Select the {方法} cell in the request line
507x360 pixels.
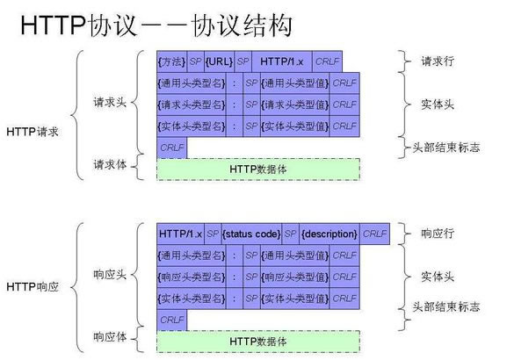[171, 62]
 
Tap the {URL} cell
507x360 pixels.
[219, 62]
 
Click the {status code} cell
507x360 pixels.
[252, 234]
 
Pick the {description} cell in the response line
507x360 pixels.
[330, 234]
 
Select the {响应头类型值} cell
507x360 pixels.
[296, 276]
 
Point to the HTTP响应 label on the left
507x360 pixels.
[33, 286]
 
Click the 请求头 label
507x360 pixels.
[112, 101]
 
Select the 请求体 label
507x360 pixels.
[112, 164]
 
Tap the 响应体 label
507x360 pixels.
[112, 336]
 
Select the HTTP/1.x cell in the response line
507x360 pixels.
[180, 234]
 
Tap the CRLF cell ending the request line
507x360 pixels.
[328, 62]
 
